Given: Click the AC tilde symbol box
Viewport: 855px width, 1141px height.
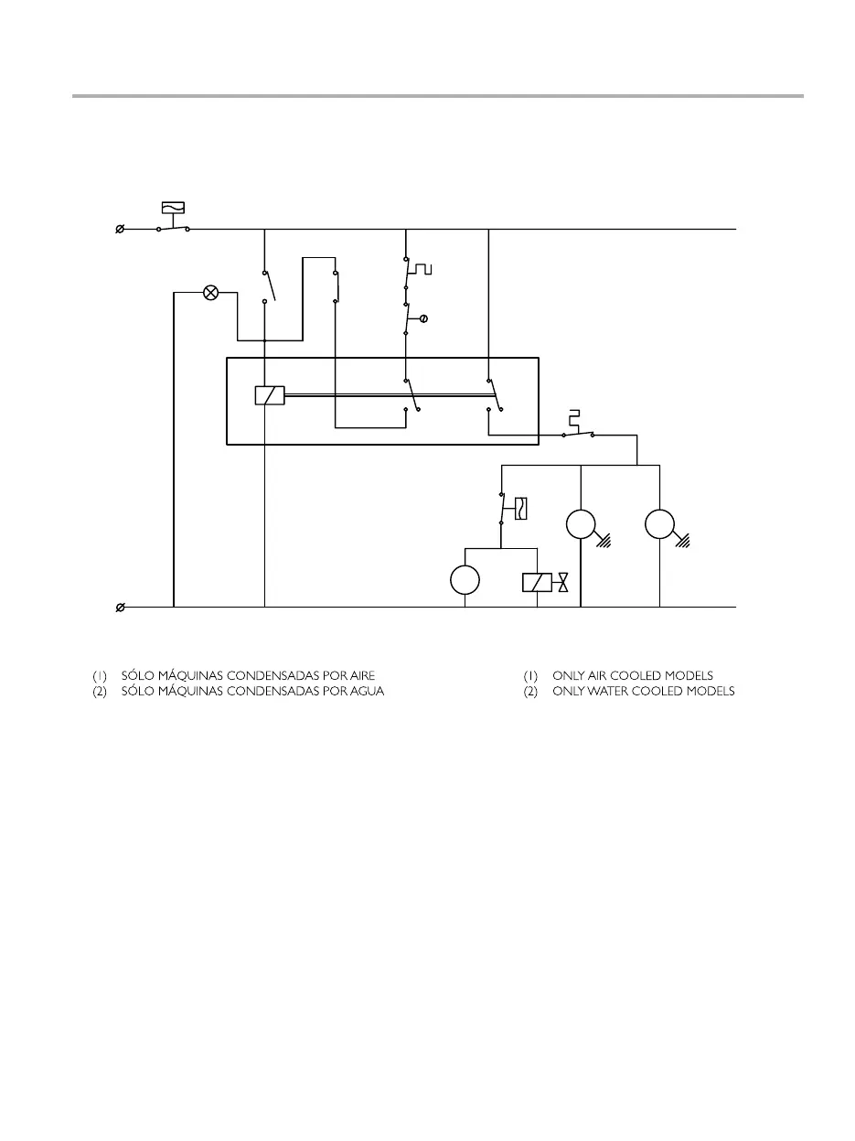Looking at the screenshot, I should (x=172, y=208).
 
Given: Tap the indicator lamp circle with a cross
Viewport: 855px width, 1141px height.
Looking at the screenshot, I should (x=210, y=293).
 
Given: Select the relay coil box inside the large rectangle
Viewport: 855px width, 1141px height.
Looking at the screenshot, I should (x=270, y=395).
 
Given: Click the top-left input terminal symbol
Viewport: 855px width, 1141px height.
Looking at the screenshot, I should (x=120, y=229).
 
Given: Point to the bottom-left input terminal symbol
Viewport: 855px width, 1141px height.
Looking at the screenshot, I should (x=120, y=607).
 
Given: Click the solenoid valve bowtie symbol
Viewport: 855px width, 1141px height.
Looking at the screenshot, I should (x=563, y=583).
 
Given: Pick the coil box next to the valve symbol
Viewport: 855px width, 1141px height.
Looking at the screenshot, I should (x=537, y=583).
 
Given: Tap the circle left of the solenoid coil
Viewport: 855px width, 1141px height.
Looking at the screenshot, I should (x=465, y=580).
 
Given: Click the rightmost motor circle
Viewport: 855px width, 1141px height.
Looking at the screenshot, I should (x=659, y=525).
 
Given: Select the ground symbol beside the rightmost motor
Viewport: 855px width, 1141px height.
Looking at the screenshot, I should (x=685, y=541).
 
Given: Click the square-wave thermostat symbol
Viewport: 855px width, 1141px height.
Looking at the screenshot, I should (x=421, y=269).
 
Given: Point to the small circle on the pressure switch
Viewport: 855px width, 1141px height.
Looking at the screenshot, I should (x=423, y=318).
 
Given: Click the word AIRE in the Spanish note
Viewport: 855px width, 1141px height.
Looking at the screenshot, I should (x=360, y=675).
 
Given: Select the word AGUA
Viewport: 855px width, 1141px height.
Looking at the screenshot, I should (x=368, y=692).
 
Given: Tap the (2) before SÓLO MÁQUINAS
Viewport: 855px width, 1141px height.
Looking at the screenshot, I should (x=100, y=692).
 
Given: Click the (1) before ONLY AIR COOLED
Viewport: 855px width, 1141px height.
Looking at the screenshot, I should (x=530, y=675).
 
